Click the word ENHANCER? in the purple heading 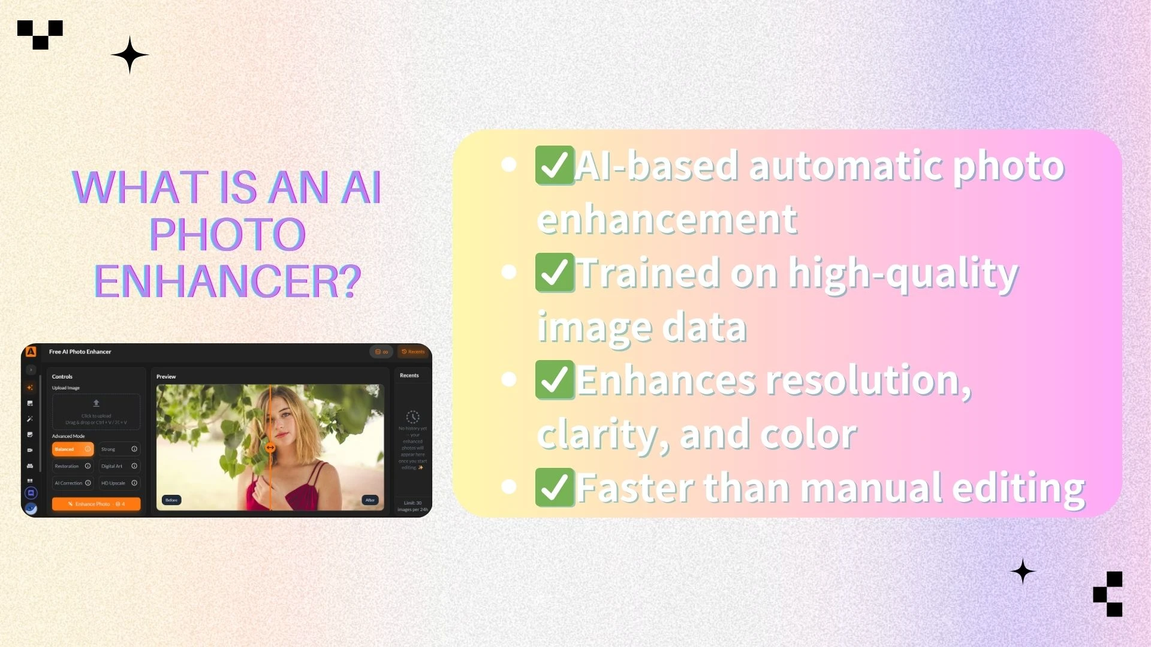pyautogui.click(x=227, y=281)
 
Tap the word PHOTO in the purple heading pyautogui.click(x=227, y=234)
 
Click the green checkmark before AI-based pyautogui.click(x=555, y=165)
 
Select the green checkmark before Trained pyautogui.click(x=555, y=273)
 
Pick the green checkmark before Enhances pyautogui.click(x=555, y=380)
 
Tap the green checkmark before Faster pyautogui.click(x=555, y=487)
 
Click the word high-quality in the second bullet pyautogui.click(x=903, y=274)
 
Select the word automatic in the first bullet pyautogui.click(x=845, y=165)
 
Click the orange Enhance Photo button pyautogui.click(x=96, y=504)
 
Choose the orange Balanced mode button pyautogui.click(x=73, y=449)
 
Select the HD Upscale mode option pyautogui.click(x=119, y=483)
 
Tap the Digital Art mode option pyautogui.click(x=119, y=466)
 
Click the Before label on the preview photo pyautogui.click(x=171, y=500)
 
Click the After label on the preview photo pyautogui.click(x=370, y=500)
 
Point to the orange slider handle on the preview pyautogui.click(x=270, y=448)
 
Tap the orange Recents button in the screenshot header pyautogui.click(x=413, y=352)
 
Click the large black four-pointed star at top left pyautogui.click(x=129, y=55)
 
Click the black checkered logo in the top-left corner pyautogui.click(x=40, y=34)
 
